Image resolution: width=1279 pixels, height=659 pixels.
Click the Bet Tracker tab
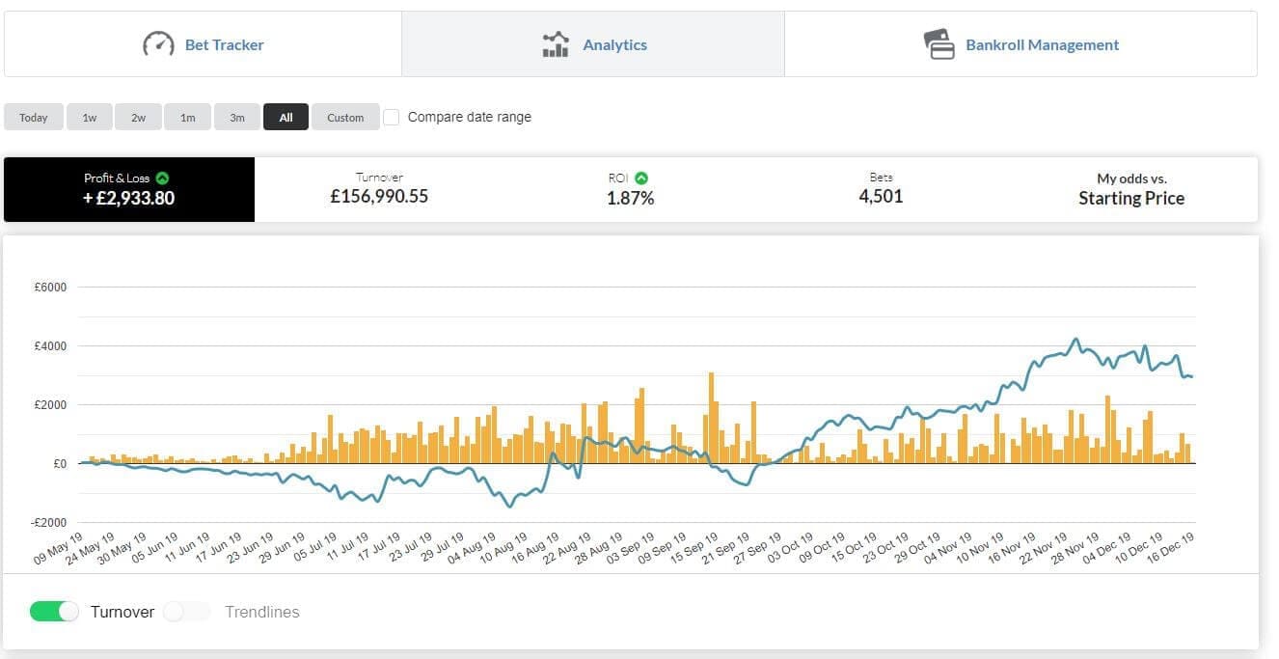(x=203, y=44)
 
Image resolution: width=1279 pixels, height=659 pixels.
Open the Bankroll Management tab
(x=1020, y=44)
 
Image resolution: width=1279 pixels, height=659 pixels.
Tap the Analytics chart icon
(x=556, y=44)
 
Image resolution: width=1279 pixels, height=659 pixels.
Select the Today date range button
(x=33, y=117)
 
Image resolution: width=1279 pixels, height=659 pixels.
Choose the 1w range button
(x=90, y=117)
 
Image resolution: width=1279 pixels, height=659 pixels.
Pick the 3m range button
(x=237, y=117)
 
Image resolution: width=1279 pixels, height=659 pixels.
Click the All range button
(x=286, y=117)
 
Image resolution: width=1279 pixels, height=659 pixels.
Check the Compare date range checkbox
(x=391, y=117)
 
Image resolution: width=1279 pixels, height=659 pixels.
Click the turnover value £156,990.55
(x=379, y=196)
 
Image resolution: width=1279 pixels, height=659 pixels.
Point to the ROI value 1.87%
(x=630, y=198)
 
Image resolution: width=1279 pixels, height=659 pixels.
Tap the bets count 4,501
(x=881, y=196)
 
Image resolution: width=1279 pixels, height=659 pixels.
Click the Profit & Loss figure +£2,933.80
(x=128, y=198)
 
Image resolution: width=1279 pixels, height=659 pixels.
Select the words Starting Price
(x=1131, y=198)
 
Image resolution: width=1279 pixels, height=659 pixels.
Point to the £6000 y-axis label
(x=50, y=287)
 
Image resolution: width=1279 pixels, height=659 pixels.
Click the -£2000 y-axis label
(x=48, y=523)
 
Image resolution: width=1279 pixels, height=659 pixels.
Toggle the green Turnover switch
(x=54, y=612)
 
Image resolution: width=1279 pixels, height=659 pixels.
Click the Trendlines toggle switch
(x=187, y=612)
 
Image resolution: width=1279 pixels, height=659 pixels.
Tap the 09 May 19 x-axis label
(x=58, y=548)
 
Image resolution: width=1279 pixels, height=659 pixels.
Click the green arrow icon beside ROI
(x=641, y=178)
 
